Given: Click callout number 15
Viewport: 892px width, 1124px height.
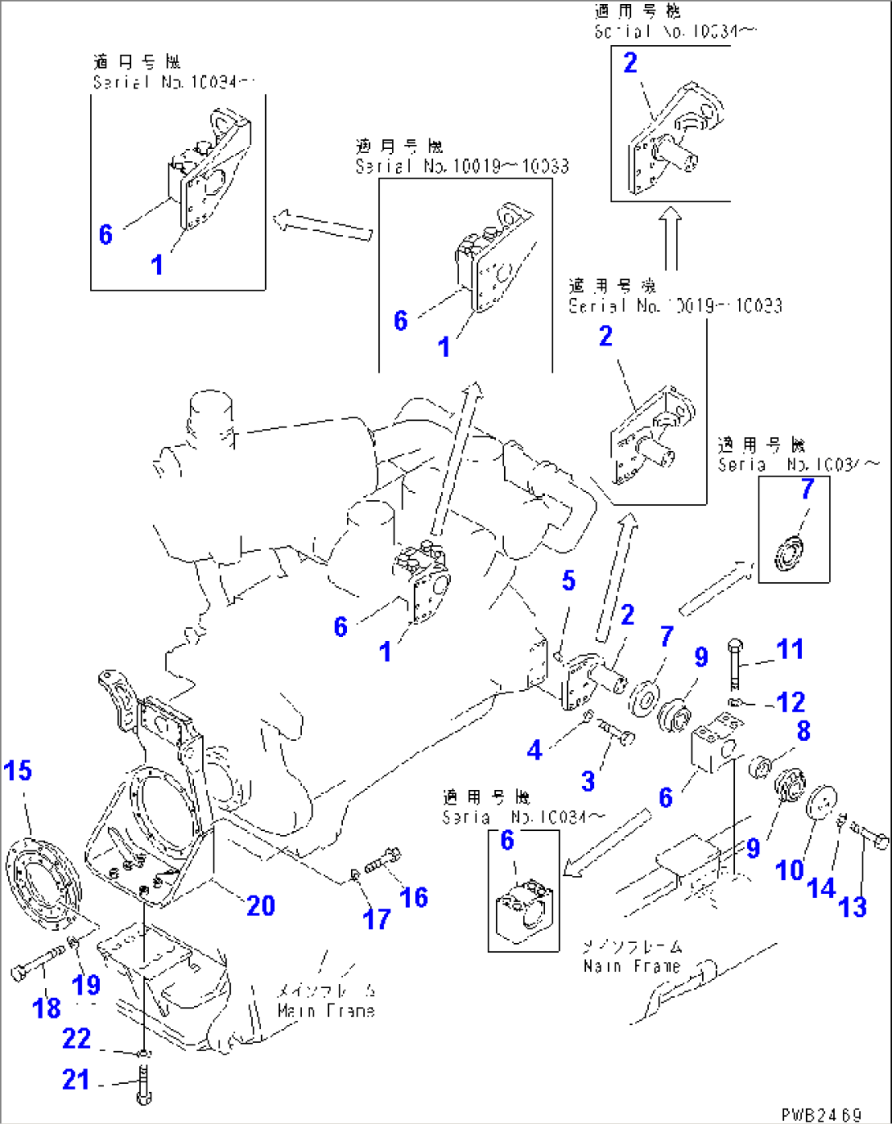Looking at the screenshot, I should [x=17, y=770].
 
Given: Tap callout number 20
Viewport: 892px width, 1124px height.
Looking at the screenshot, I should [x=260, y=905].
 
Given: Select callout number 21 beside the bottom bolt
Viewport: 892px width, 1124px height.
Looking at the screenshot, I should [x=75, y=1079].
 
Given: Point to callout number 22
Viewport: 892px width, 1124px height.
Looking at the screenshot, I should [x=76, y=1038].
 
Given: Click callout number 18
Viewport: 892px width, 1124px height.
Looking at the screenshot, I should [x=47, y=1007].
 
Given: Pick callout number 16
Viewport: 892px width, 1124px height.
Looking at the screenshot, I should [x=413, y=897].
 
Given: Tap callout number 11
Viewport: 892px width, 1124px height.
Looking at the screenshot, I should [x=790, y=649].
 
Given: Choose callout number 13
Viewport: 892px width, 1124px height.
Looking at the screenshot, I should [x=852, y=906].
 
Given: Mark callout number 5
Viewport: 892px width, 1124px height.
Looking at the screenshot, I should [x=569, y=580].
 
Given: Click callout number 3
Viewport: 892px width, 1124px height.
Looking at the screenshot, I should [x=588, y=781].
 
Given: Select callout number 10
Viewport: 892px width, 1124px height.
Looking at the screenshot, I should [x=789, y=869].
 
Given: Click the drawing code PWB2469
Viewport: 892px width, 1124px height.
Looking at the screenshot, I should [x=821, y=1114].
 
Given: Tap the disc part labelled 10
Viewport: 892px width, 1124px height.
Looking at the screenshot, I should [x=821, y=802].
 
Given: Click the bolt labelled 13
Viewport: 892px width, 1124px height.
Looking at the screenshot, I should [x=870, y=837].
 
